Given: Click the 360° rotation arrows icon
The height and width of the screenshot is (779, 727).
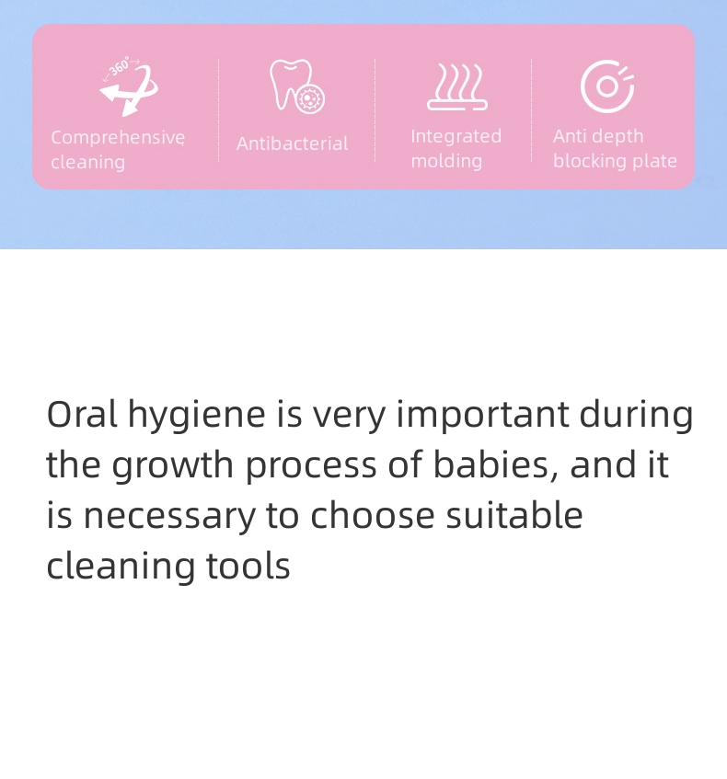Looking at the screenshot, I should [x=128, y=87].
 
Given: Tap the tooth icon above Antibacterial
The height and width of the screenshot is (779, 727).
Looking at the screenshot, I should [x=296, y=86].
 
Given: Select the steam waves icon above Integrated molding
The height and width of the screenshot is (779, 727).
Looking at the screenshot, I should [x=456, y=87].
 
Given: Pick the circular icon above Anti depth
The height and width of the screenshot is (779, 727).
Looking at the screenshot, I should [x=607, y=86].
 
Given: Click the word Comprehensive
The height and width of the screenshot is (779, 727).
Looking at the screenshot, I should [x=118, y=138].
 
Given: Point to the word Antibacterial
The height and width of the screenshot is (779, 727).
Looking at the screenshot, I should [x=292, y=143].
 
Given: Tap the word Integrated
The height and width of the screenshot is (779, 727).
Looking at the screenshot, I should [x=456, y=136].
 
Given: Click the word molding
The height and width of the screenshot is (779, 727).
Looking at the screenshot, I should [x=446, y=161].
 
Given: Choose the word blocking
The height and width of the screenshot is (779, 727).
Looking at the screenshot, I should [x=587, y=161].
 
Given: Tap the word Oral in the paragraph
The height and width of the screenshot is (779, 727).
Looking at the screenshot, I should [x=82, y=414].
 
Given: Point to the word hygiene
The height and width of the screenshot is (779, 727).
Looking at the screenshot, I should [x=196, y=416].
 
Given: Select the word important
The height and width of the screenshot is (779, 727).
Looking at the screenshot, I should [x=482, y=416].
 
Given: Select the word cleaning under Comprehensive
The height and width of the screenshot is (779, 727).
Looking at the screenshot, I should [x=87, y=163].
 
